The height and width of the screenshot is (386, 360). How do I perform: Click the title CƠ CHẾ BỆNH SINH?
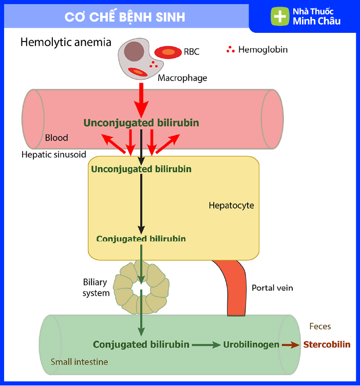coord(125,17)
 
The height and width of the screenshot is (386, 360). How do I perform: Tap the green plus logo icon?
coord(280,16)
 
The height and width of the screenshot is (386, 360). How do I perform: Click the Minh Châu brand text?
coord(316,22)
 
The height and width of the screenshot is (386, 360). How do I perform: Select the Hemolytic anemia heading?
coord(66,42)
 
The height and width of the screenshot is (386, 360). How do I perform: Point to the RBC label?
coord(192,51)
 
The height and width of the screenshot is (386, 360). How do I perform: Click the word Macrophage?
coord(182,78)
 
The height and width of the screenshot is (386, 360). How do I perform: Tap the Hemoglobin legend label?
coord(263,50)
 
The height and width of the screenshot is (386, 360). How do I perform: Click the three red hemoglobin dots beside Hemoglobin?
coord(231,50)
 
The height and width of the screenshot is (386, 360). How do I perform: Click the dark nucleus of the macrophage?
coord(134,51)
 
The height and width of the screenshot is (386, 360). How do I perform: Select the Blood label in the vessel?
coord(56,138)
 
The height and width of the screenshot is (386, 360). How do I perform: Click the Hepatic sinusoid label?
coord(54,154)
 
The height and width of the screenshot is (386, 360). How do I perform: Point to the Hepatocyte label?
coord(231,205)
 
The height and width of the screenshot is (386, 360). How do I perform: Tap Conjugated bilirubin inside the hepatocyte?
coord(141,239)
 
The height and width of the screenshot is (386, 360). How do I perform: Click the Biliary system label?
coord(97,287)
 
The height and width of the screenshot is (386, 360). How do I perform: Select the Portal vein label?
coord(272,287)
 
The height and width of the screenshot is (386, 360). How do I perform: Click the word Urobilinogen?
coord(251,344)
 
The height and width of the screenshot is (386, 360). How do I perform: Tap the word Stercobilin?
coord(327,344)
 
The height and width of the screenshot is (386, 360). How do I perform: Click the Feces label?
coord(320,326)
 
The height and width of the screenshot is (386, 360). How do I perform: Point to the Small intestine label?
coord(79,362)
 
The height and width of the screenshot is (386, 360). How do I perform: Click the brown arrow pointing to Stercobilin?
coord(291,345)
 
